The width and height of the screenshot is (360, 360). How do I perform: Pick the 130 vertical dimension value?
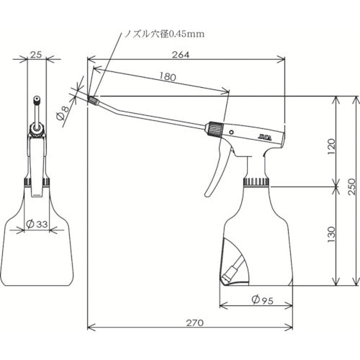pyautogui.click(x=330, y=234)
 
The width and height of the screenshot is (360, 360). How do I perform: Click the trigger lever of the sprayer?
pyautogui.click(x=214, y=173)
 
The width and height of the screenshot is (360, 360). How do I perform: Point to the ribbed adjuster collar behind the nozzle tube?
pyautogui.click(x=213, y=130)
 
